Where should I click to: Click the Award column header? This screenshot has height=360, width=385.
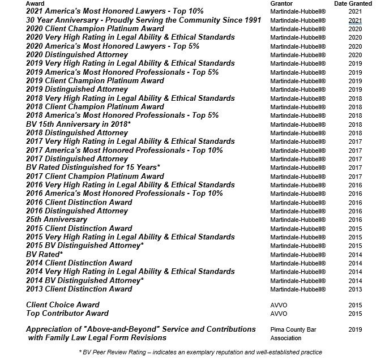36,3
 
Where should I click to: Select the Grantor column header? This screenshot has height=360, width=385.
281,3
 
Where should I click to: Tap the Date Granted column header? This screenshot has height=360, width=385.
353,3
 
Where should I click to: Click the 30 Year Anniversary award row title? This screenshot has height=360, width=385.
143,20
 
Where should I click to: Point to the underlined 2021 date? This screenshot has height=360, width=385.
355,20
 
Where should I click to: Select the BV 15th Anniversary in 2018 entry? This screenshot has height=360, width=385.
78,124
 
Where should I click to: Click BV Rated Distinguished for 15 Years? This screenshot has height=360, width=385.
93,168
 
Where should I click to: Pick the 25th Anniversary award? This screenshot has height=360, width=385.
57,220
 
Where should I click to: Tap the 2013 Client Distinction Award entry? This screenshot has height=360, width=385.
79,289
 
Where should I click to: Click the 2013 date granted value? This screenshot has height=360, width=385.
355,289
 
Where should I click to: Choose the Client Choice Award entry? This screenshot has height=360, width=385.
62,305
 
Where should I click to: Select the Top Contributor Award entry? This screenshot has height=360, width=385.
67,314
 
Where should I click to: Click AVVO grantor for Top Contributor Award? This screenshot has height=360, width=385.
279,314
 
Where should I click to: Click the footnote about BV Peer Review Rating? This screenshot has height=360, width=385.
201,352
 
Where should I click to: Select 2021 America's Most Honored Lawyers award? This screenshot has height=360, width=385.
106,11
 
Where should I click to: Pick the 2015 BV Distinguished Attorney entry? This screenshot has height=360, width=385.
85,246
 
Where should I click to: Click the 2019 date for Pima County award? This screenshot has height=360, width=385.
355,329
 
